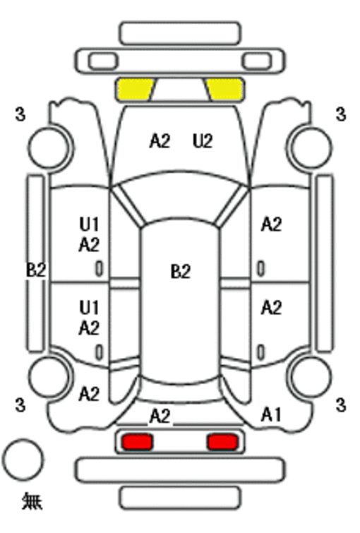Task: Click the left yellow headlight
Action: [x=135, y=90]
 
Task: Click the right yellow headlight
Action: [x=225, y=90]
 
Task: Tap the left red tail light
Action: [x=138, y=441]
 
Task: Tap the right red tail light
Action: [x=222, y=441]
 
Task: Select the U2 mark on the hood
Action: [x=203, y=140]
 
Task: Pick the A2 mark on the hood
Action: [x=160, y=140]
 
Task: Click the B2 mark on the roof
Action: [x=181, y=272]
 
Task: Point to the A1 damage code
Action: [x=271, y=414]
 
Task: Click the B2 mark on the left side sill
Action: [x=36, y=270]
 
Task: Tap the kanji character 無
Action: [x=32, y=501]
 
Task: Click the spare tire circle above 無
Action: [x=23, y=460]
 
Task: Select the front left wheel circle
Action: [x=49, y=148]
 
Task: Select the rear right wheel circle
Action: [x=311, y=376]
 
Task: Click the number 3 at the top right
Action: [x=341, y=114]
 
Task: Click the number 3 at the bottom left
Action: [x=20, y=405]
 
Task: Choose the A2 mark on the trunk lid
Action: [x=160, y=416]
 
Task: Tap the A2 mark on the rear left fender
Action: [x=89, y=394]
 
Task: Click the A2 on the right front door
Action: [x=271, y=224]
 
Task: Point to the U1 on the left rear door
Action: [x=89, y=307]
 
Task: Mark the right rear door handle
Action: [x=260, y=352]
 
